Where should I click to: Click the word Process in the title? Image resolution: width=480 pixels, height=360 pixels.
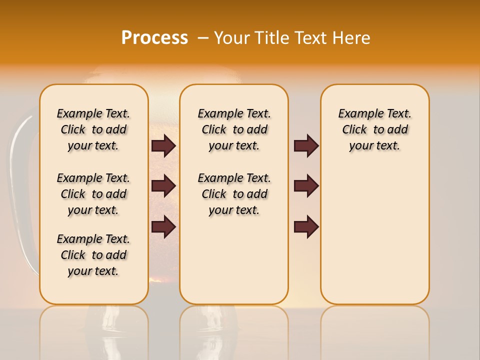pos(154,38)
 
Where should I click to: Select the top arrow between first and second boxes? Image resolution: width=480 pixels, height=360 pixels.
pos(163,145)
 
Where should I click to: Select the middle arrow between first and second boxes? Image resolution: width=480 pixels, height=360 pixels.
pos(163,186)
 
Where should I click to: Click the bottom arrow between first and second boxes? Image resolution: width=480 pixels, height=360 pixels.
pos(163,226)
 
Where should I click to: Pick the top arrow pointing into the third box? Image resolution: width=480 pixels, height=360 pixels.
pos(306,145)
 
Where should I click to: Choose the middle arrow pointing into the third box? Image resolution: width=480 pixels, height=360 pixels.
pos(306,186)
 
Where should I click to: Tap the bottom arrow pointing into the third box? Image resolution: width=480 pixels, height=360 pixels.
pos(306,226)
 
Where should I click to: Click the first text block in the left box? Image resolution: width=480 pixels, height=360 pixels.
pos(93,129)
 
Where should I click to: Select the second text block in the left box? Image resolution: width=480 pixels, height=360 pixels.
pos(93,194)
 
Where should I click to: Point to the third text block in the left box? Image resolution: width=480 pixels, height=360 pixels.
pos(93,255)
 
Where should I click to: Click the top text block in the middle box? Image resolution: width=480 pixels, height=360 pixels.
pos(234,129)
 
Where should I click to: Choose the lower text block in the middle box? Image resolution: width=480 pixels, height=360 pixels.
pos(234,194)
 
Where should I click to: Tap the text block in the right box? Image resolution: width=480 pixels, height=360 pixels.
pos(375,129)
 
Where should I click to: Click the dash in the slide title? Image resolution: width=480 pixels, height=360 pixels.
pos(203,38)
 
